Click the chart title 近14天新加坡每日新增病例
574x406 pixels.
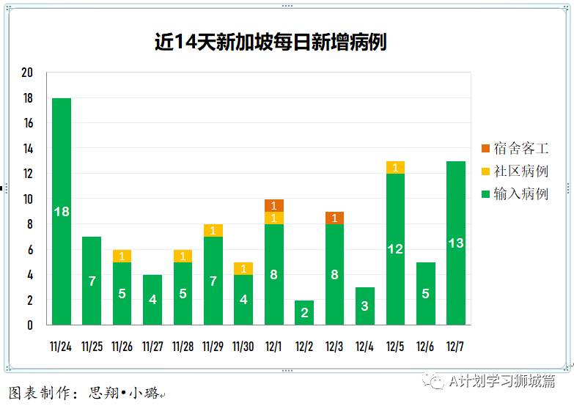click(x=270, y=43)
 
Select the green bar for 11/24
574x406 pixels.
click(x=62, y=211)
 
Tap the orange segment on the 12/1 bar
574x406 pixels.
click(x=273, y=205)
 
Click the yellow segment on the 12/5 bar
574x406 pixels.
click(x=395, y=168)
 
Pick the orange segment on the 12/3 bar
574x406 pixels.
click(x=334, y=218)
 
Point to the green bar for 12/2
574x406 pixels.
click(x=304, y=312)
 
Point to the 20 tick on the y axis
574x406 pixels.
click(x=27, y=73)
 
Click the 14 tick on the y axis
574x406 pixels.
click(x=27, y=149)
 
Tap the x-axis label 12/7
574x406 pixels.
click(x=455, y=346)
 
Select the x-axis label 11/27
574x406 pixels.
click(x=152, y=346)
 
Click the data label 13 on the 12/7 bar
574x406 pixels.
click(x=456, y=243)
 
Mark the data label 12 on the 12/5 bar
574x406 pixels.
click(x=395, y=249)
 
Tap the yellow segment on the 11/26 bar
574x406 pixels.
click(x=122, y=256)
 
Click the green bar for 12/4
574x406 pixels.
click(x=364, y=306)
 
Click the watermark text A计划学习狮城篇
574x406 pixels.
click(x=501, y=381)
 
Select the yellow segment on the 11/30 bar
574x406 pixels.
click(x=243, y=268)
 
